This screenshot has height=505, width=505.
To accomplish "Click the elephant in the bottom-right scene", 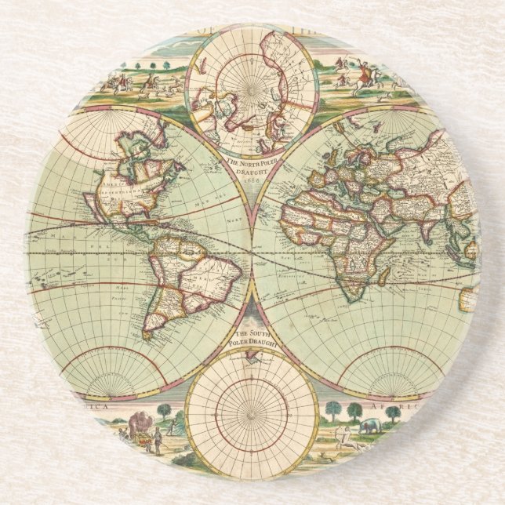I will pyautogui.click(x=370, y=428).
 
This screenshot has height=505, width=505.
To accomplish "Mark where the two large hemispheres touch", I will pyautogui.click(x=252, y=251).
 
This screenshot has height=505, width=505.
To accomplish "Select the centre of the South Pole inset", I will pyautogui.click(x=252, y=409).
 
